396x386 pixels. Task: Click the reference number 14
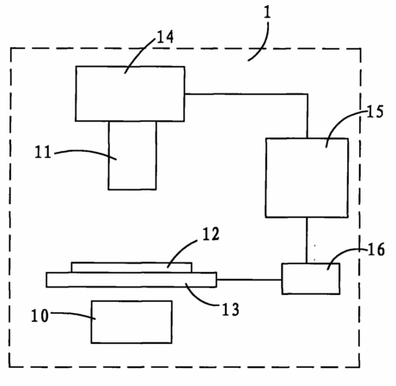165,37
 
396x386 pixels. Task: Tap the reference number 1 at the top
267,13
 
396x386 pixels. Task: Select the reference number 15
375,112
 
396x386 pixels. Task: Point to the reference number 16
376,250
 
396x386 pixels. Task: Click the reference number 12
211,234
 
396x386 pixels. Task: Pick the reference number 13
230,310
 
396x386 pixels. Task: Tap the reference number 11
43,152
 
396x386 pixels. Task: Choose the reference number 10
40,316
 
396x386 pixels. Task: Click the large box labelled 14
130,93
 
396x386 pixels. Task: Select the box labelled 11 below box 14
132,155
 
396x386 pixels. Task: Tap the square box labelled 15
307,178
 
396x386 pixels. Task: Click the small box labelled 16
311,279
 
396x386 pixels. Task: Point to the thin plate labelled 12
131,268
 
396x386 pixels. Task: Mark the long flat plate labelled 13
131,280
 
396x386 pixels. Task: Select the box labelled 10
131,322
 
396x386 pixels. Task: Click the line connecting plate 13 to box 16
249,280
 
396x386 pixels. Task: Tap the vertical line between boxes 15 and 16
307,240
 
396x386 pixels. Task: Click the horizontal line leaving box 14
247,93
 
